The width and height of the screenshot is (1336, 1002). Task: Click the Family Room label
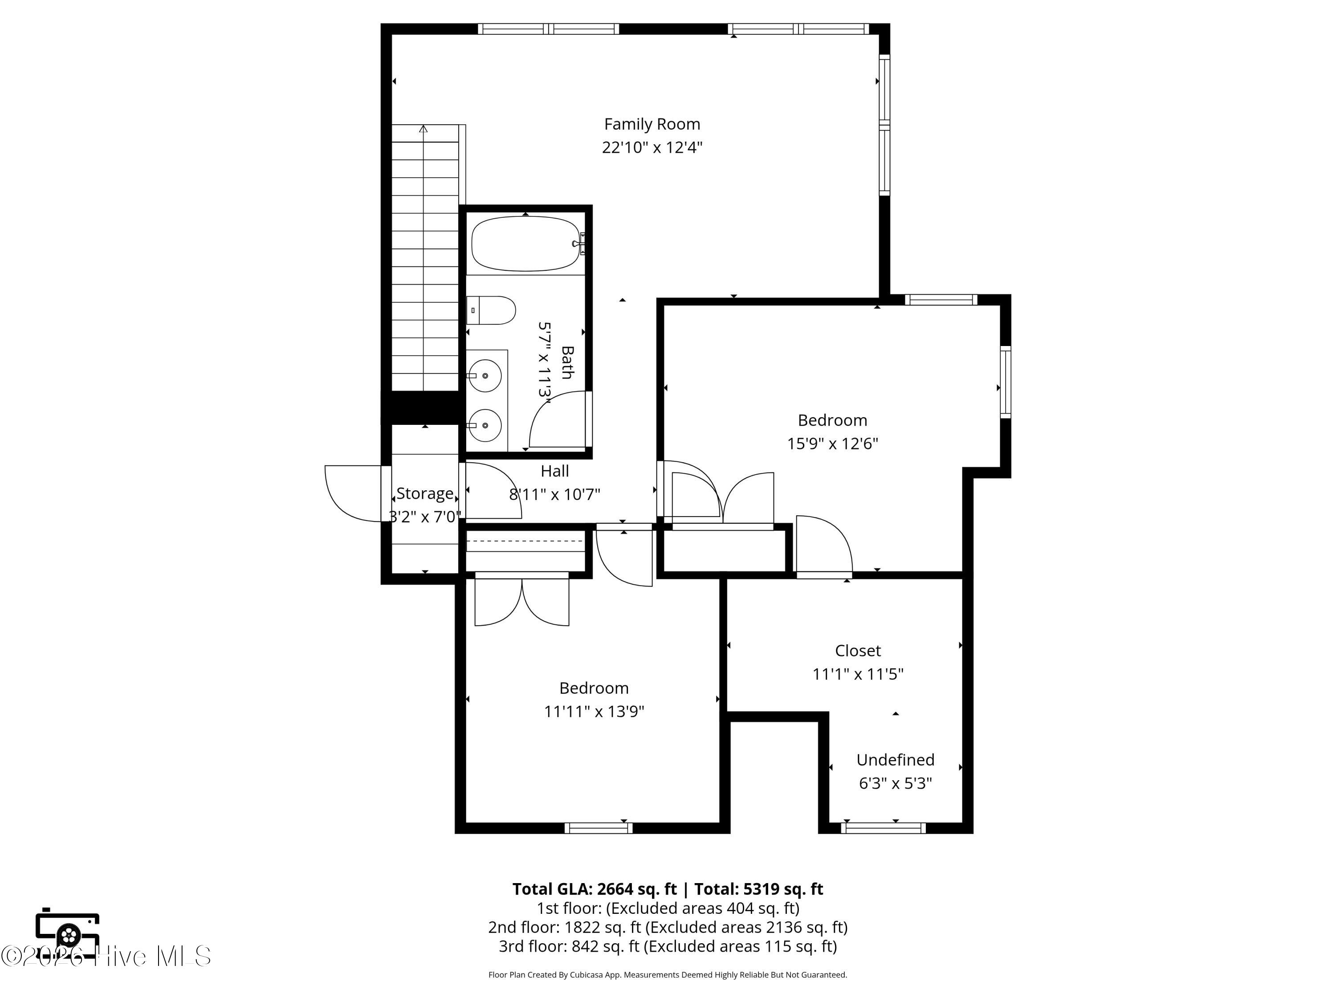[652, 124]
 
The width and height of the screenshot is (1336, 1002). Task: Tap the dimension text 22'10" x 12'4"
[652, 147]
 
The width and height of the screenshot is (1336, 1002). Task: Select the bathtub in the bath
[527, 244]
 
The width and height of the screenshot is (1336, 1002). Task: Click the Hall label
[554, 471]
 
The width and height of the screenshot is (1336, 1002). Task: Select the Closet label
[858, 651]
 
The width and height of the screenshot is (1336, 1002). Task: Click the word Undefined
[895, 760]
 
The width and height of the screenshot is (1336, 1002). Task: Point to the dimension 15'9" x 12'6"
[832, 444]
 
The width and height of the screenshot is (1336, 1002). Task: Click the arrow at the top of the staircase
[424, 129]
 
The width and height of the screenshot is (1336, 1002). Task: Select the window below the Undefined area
[883, 828]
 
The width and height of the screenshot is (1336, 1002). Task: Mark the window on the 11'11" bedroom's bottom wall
[599, 828]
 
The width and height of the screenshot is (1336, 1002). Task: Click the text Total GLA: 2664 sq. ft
[595, 889]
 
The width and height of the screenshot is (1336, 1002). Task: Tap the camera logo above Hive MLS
[68, 933]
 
